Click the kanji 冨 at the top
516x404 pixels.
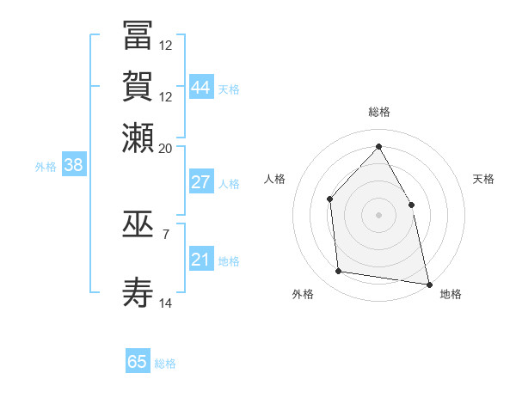pos(138,36)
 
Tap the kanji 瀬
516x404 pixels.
pos(138,138)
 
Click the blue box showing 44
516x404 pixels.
pos(200,88)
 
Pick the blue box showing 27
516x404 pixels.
pos(200,182)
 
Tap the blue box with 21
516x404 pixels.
pos(200,260)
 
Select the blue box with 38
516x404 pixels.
pos(73,166)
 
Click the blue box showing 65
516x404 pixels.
pos(138,362)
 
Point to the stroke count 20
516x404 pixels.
pos(166,148)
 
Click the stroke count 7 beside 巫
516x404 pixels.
pos(166,234)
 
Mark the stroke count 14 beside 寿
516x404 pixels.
pos(166,303)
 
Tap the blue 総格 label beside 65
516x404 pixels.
pos(165,364)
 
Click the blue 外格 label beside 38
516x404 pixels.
pos(46,167)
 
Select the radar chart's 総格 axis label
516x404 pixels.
pos(378,113)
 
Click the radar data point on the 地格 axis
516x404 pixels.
pos(427,283)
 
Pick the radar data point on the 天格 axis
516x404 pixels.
pos(411,205)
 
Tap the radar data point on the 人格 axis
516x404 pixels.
pos(330,199)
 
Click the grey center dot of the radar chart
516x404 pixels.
pos(378,215)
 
